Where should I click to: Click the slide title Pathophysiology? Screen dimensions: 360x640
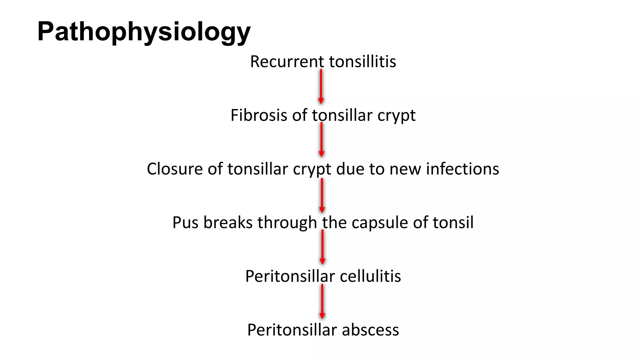144,32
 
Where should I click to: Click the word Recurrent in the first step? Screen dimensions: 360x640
287,62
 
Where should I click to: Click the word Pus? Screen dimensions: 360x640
185,223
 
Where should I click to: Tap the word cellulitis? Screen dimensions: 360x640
370,276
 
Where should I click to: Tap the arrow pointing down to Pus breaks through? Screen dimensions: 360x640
322,196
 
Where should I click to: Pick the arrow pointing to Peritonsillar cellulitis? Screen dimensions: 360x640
322,247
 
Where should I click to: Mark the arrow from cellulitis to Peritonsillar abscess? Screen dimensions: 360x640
322,302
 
